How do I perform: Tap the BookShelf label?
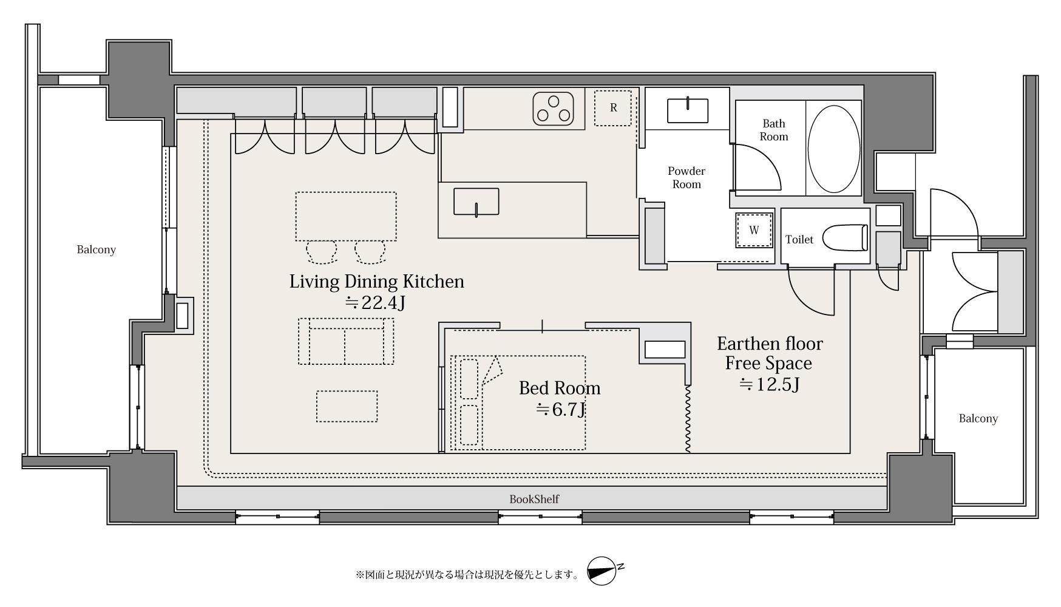coord(534,499)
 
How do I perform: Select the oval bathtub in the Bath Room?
coord(834,148)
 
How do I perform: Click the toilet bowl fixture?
coord(844,239)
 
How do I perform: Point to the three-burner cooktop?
coord(554,109)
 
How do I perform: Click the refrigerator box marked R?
coord(612,108)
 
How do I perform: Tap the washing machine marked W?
coord(754,230)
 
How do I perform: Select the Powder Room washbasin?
coord(688,110)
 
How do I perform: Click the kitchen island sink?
coord(476,202)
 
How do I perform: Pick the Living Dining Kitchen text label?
coord(376,282)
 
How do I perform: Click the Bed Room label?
coord(560,388)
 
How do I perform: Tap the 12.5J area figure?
coord(769,384)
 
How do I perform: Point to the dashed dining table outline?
coord(346,216)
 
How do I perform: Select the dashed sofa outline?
coord(346,341)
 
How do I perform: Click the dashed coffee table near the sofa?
coord(347,406)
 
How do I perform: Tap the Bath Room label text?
coord(774,131)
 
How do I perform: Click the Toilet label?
coord(799,240)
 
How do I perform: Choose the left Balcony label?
coord(96,249)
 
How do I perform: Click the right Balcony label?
coord(978,418)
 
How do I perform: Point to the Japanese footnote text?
coord(467,574)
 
